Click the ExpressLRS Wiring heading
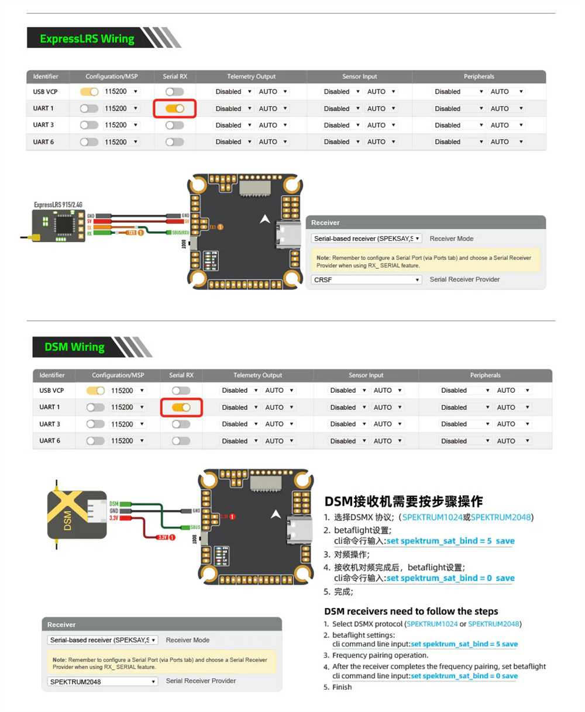tap(87, 39)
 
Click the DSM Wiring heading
tap(74, 347)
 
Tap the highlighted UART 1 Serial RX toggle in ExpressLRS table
tap(174, 109)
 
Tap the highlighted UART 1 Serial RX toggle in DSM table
tap(181, 407)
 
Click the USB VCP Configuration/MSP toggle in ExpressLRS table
tap(89, 92)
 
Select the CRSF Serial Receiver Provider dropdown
tap(367, 280)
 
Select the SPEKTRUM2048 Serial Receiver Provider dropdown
tap(102, 682)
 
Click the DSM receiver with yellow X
tap(77, 515)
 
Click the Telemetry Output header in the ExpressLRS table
tap(251, 77)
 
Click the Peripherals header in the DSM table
tap(485, 375)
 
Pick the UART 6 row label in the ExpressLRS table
tap(43, 142)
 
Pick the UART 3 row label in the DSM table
tap(50, 424)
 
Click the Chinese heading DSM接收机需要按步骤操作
tap(404, 502)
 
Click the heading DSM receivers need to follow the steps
tap(411, 611)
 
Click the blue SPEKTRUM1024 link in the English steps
tap(432, 624)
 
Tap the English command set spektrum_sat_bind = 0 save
tap(464, 676)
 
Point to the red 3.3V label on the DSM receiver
tap(114, 518)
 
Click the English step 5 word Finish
tap(342, 687)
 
